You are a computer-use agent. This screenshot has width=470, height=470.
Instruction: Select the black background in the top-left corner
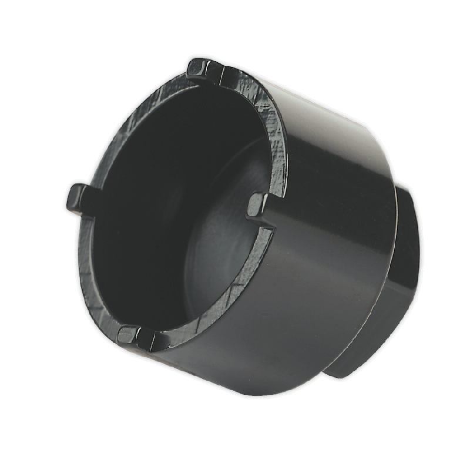[23, 23]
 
